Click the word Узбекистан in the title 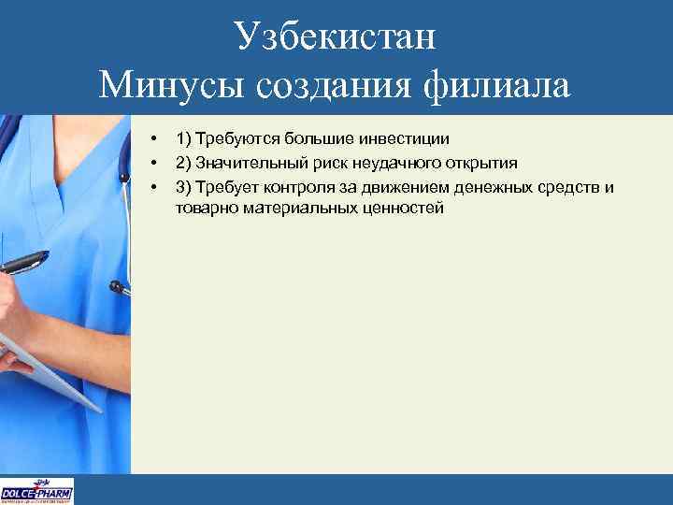pos(336,36)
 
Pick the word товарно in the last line pos(203,208)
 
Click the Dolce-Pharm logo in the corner pos(37,491)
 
